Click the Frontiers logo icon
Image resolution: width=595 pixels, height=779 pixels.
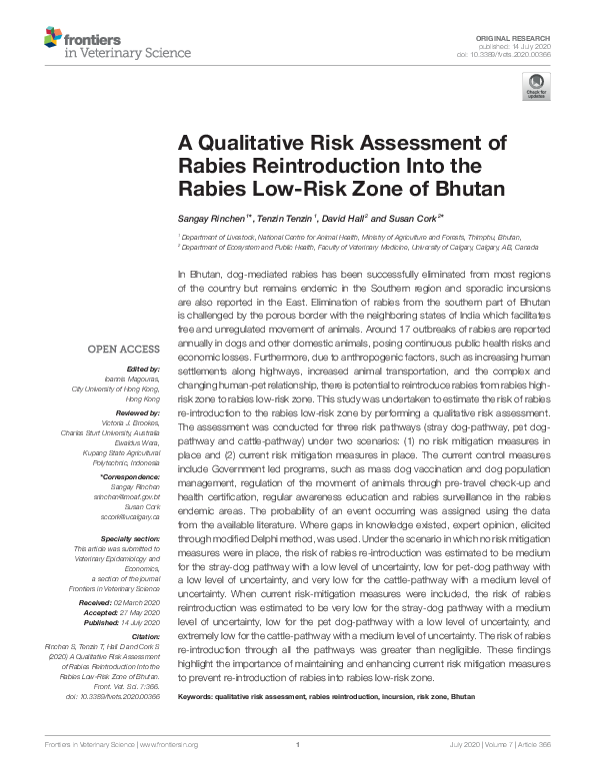pyautogui.click(x=51, y=39)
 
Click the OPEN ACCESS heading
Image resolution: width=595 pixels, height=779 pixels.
pyautogui.click(x=123, y=349)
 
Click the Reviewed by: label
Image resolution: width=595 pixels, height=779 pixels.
pyautogui.click(x=137, y=411)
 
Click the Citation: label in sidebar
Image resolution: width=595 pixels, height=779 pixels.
pyautogui.click(x=146, y=634)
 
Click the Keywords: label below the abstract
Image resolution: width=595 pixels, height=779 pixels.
pyautogui.click(x=195, y=696)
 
